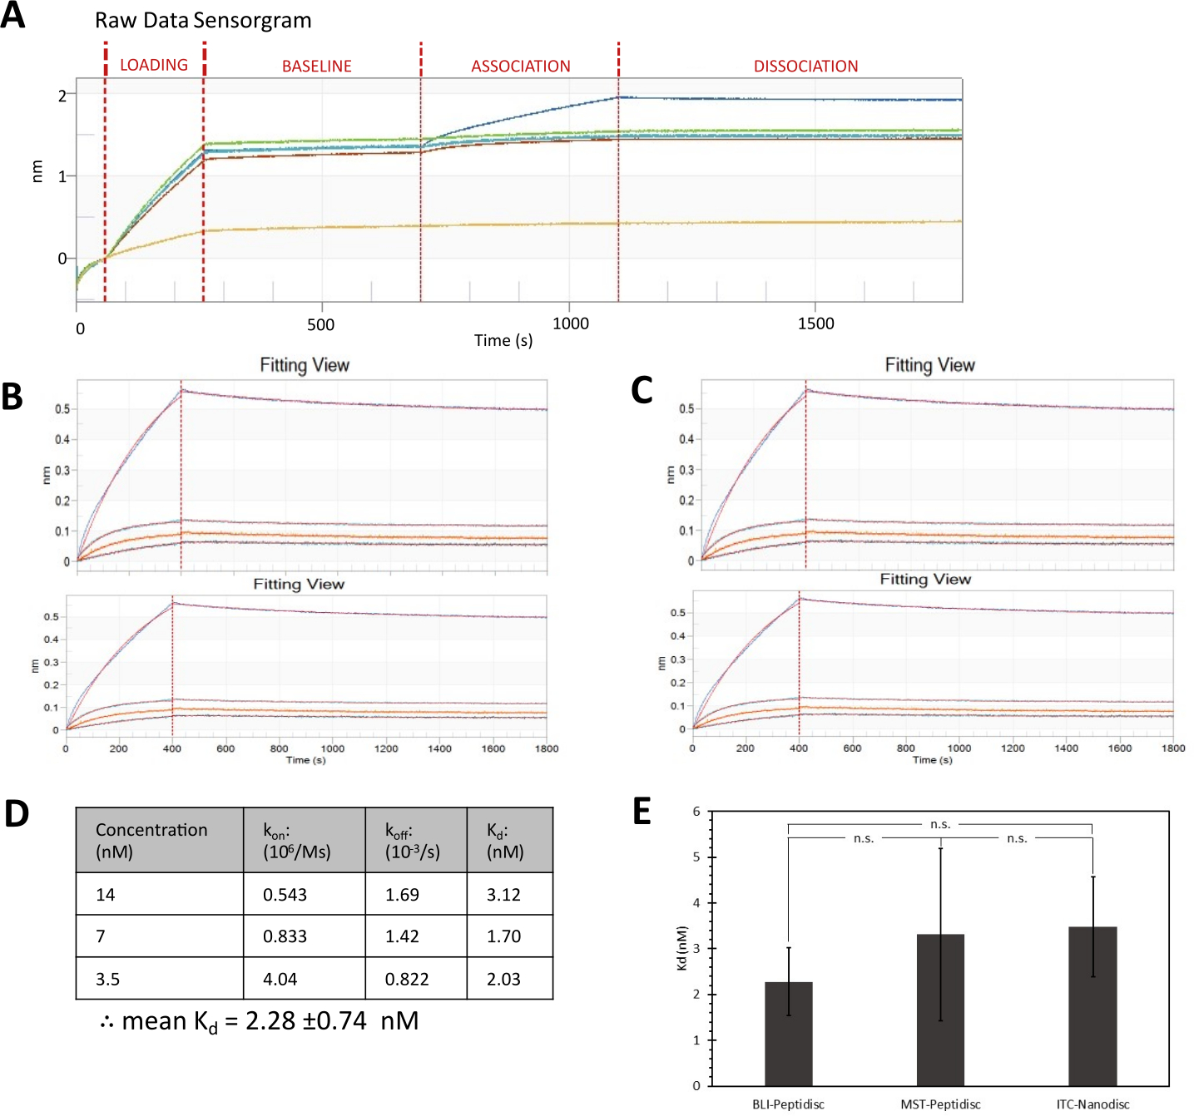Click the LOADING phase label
tap(154, 65)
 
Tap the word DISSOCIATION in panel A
tap(805, 67)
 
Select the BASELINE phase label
tap(316, 67)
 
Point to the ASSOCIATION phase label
tap(521, 67)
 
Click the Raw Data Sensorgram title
tap(203, 21)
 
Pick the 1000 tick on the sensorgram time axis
tap(571, 323)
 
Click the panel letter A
tap(13, 16)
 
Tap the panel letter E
tap(642, 812)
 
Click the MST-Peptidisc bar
tap(940, 1010)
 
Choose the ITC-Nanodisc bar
tap(1092, 1006)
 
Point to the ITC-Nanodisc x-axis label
tap(1092, 1104)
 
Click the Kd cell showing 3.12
tap(503, 895)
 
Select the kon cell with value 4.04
tap(280, 979)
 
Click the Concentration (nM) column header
tap(151, 840)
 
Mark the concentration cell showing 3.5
tap(108, 979)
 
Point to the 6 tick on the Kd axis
tap(696, 812)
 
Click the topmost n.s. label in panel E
tap(940, 824)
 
